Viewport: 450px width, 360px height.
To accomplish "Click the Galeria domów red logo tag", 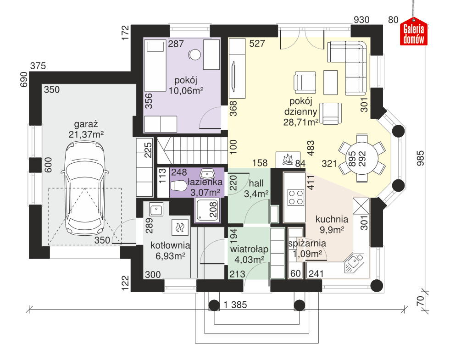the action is [x=414, y=32].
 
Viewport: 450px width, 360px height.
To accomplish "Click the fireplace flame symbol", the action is [x=288, y=159].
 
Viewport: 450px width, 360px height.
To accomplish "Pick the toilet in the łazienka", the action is [x=178, y=186].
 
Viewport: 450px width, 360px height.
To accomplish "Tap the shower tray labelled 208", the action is [x=207, y=210].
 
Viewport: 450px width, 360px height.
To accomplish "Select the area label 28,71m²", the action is [x=301, y=122].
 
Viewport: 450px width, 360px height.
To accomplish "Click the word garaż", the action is [x=86, y=124].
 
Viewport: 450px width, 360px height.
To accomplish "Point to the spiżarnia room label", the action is [x=307, y=244].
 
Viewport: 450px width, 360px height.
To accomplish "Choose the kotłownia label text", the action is [x=170, y=245].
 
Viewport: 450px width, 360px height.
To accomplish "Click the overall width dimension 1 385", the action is [x=235, y=305].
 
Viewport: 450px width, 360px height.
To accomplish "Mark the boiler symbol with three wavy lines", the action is [x=180, y=227].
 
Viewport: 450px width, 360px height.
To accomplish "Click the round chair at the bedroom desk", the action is [x=195, y=55].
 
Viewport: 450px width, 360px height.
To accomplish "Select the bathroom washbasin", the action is [x=207, y=173].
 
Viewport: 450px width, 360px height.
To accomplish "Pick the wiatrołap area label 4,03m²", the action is [x=250, y=260].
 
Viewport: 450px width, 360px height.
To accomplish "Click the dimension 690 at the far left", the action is [x=24, y=79].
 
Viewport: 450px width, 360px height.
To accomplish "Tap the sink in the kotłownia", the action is [x=156, y=209].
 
